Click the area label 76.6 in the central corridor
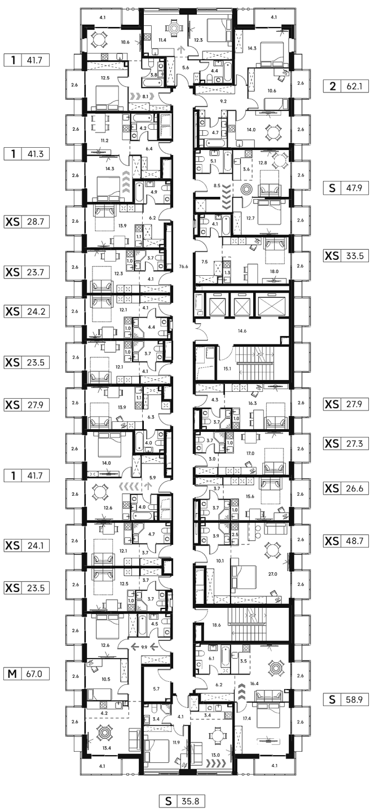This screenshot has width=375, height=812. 183,266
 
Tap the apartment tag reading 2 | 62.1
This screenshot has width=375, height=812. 346,86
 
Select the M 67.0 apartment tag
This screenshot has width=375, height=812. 27,674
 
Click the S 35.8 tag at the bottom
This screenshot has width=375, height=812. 182,800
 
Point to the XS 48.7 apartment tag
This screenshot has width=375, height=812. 346,541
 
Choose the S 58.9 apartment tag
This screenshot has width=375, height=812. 346,699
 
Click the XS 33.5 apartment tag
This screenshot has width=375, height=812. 346,256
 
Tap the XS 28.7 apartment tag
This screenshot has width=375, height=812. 27,222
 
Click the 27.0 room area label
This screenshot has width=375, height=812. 272,574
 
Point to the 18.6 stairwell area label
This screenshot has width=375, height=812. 217,625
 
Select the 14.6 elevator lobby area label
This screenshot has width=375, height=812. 242,331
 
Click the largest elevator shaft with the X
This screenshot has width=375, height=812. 272,306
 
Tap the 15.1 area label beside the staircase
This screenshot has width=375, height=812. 227,369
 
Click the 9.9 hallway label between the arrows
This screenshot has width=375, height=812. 144,647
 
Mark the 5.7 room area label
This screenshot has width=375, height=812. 156,689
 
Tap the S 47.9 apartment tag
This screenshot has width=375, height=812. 346,188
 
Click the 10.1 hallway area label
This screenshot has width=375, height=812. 220,561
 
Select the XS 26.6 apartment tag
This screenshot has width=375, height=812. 346,488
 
